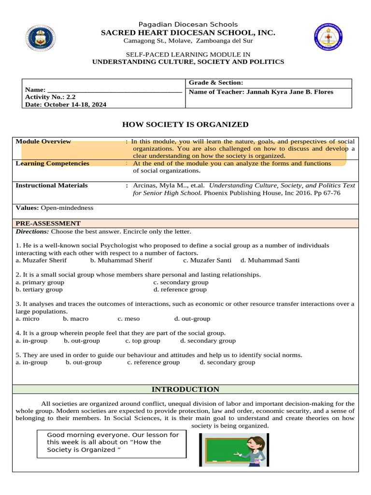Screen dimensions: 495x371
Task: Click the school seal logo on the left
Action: pos(44,39)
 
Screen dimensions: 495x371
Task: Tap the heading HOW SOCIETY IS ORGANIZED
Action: pos(185,125)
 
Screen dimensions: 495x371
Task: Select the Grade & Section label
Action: pos(215,83)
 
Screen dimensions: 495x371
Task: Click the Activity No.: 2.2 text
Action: pos(50,97)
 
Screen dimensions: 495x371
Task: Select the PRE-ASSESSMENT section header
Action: pos(48,223)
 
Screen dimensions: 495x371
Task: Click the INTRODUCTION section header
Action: pos(185,389)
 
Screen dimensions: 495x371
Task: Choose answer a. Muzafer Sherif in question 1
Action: pos(42,260)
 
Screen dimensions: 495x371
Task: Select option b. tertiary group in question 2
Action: pos(39,290)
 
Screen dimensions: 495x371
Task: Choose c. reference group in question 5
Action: pos(153,362)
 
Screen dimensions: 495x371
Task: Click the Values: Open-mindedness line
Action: pos(55,208)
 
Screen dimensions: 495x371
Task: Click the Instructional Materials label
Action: pos(52,185)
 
